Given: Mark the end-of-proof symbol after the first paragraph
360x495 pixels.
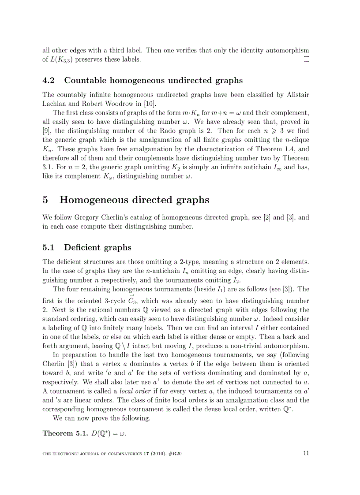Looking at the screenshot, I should click(x=306, y=59).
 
